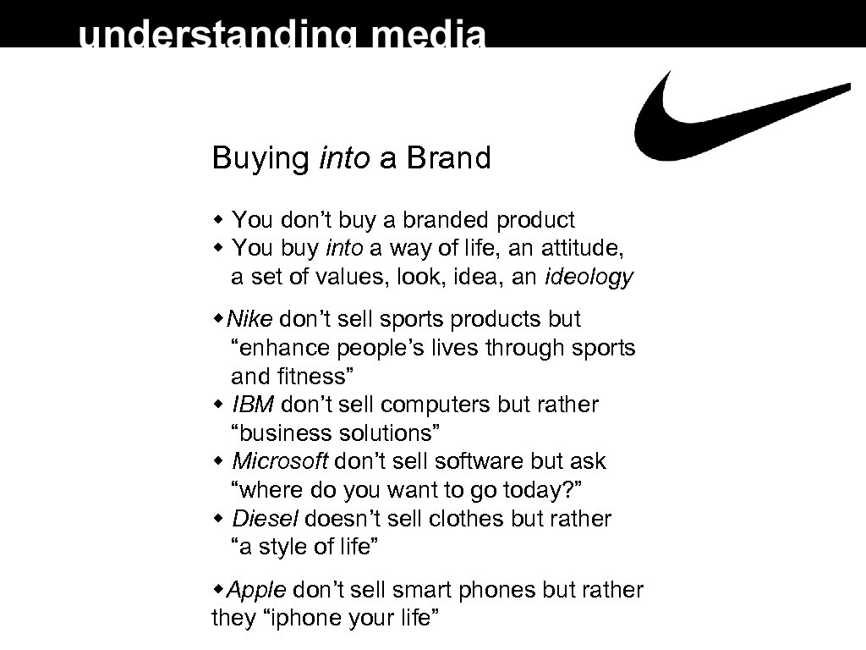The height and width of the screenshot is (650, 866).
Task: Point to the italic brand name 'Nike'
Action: [251, 319]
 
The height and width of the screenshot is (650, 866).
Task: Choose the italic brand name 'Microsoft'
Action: [280, 461]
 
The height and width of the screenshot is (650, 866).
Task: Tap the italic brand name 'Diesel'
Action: [265, 518]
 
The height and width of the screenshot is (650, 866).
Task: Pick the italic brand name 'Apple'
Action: [258, 589]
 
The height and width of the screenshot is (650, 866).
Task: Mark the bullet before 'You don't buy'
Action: [218, 221]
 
